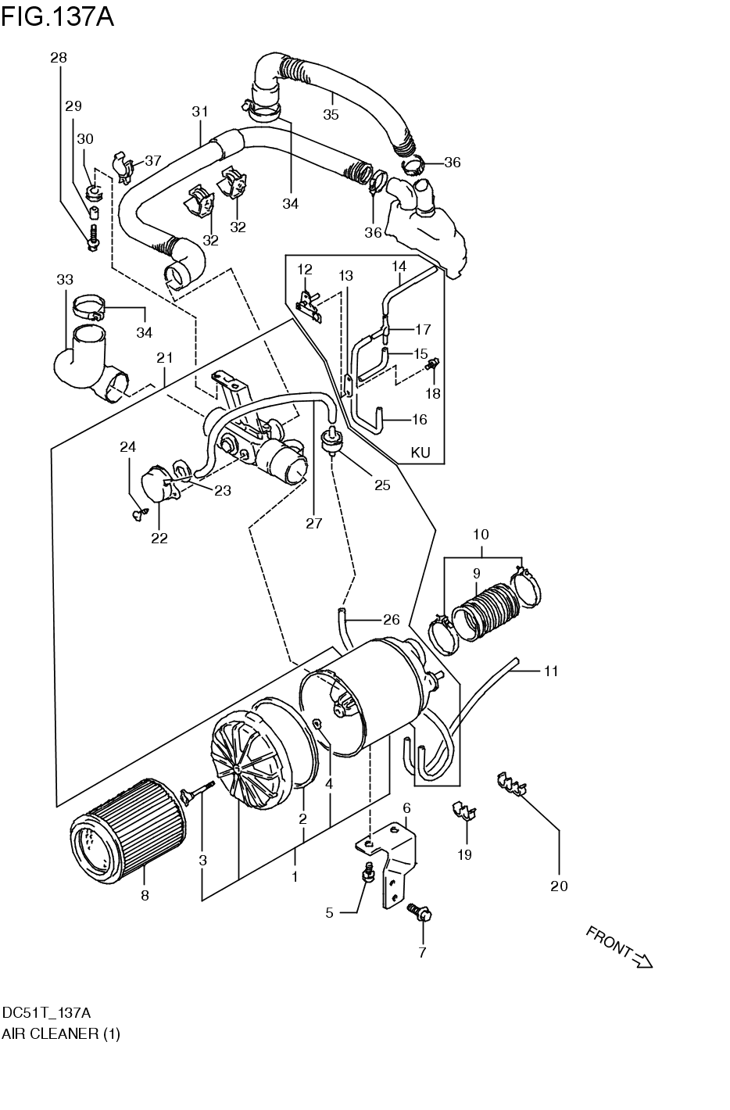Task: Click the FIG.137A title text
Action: click(x=58, y=16)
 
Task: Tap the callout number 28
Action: click(x=59, y=58)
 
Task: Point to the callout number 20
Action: click(x=559, y=886)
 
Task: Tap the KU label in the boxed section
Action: click(x=420, y=453)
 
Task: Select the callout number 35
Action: click(x=331, y=115)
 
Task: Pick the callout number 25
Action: click(x=381, y=485)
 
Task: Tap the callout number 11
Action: click(x=552, y=671)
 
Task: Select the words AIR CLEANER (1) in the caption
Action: click(x=61, y=1033)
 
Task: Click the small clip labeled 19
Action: click(x=463, y=812)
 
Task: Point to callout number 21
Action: click(x=164, y=358)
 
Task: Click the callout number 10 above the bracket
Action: click(x=481, y=535)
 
